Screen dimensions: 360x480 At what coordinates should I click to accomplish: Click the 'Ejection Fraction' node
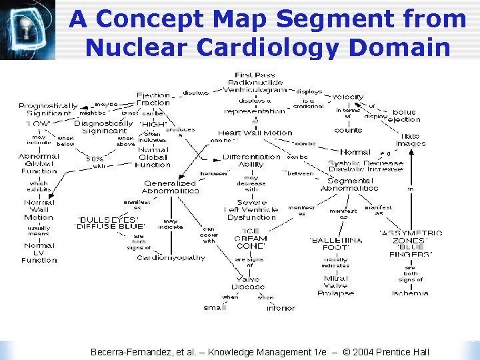coord(153,99)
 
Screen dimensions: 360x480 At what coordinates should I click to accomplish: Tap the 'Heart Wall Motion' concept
coord(255,133)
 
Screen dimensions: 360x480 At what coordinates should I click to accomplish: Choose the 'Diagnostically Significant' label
coord(103,127)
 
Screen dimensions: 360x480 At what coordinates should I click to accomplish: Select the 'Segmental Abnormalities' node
coord(349,184)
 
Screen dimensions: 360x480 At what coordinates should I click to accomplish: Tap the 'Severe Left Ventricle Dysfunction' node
coord(251,209)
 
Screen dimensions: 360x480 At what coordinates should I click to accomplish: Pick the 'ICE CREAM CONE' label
coord(251,239)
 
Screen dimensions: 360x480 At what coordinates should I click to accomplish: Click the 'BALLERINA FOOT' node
coord(336,243)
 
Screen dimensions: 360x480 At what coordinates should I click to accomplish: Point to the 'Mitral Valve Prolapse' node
coord(335,286)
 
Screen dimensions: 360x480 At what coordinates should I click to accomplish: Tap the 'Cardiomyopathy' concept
coord(171,258)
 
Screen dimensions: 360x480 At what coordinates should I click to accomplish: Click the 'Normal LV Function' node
coord(39,253)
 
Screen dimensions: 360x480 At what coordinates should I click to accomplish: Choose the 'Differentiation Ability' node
coord(251,161)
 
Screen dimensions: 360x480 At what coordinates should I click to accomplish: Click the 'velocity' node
coord(348,97)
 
